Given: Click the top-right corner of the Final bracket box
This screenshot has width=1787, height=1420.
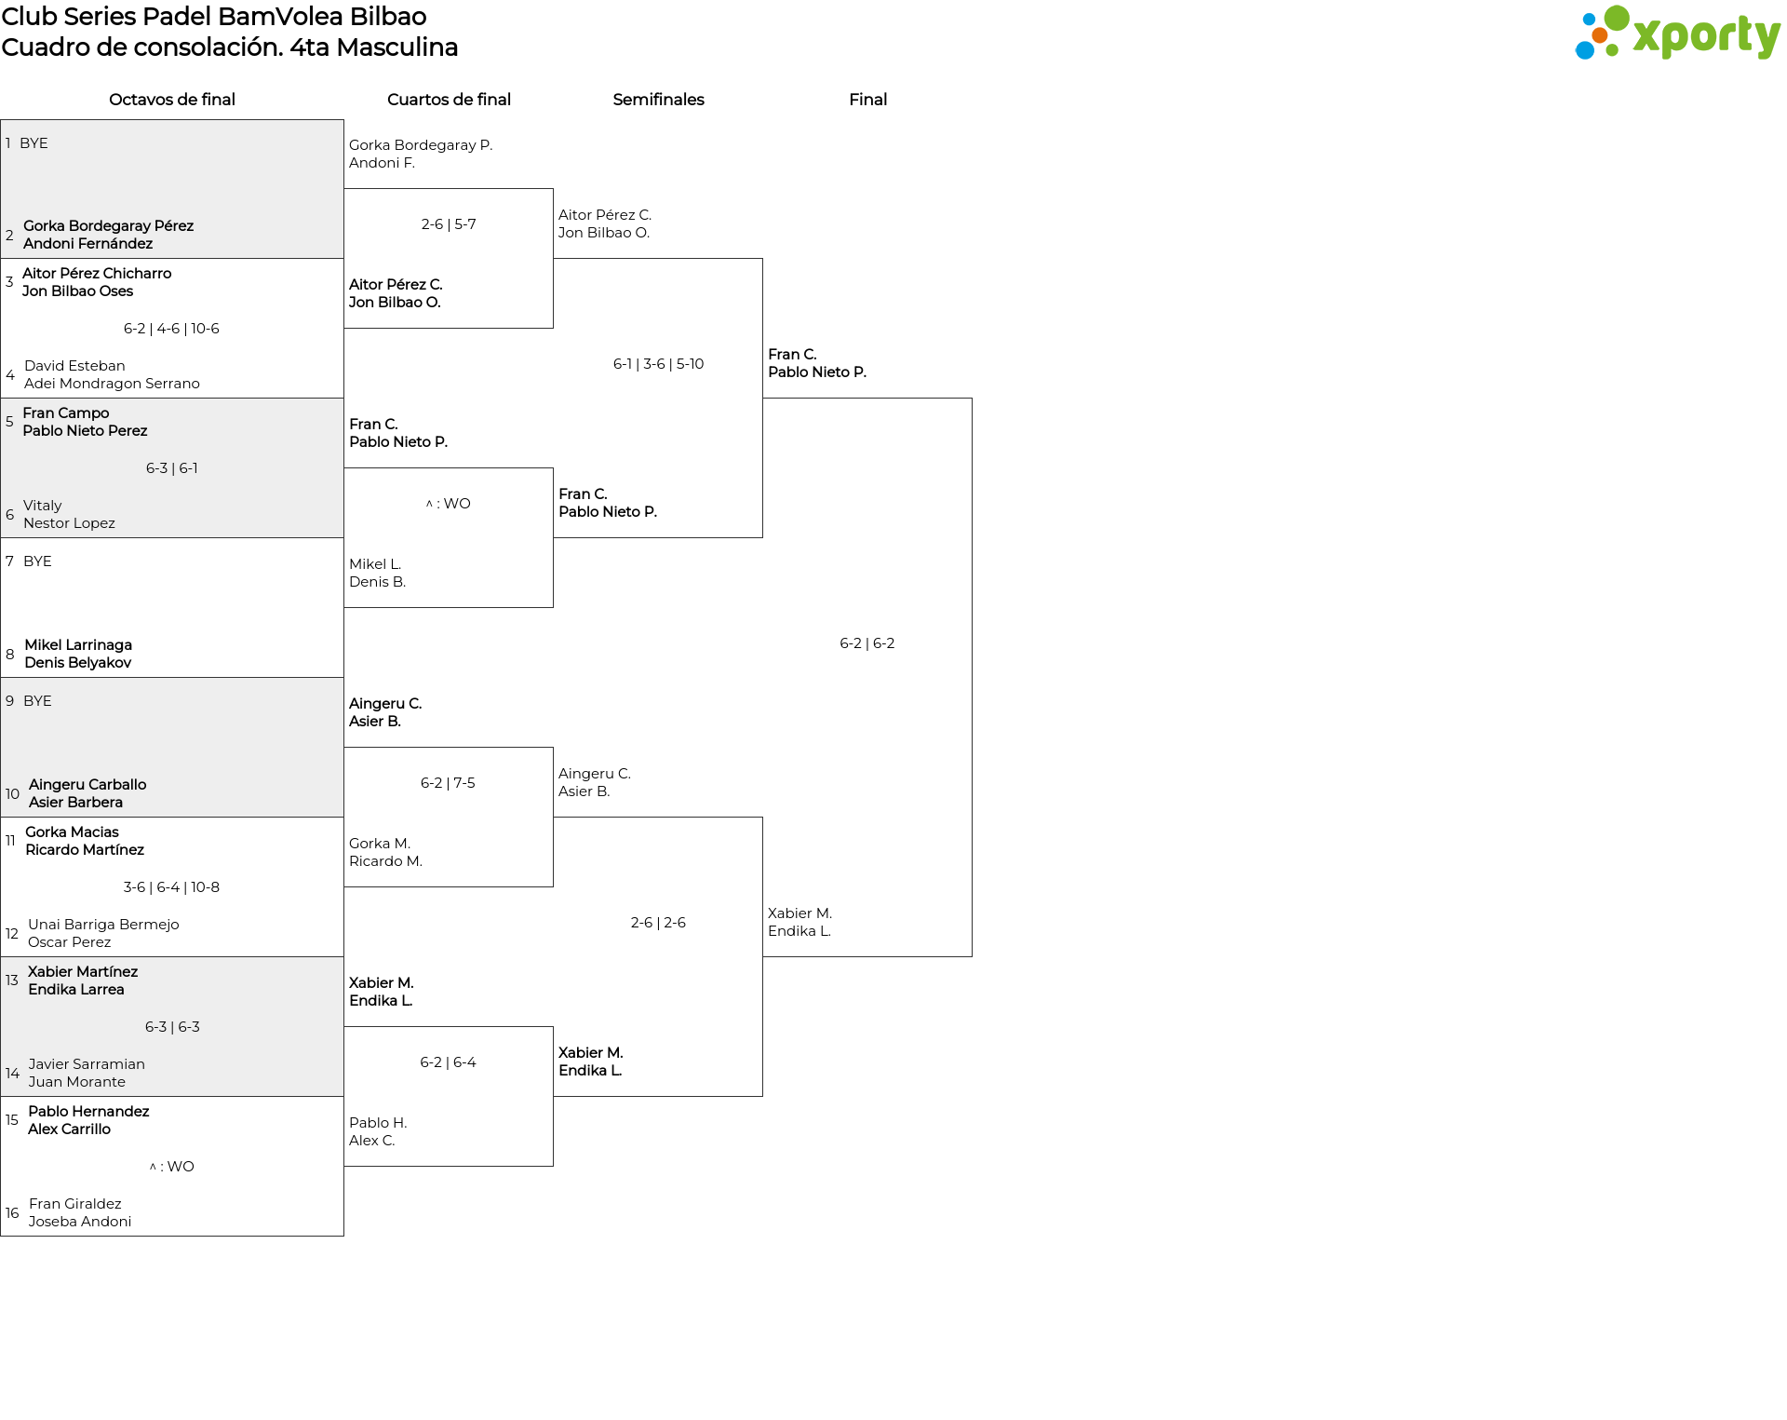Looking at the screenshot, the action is (x=972, y=399).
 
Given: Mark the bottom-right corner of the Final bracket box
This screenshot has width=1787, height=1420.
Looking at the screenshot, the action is (x=972, y=956).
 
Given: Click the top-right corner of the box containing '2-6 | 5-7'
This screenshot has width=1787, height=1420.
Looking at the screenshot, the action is (x=553, y=189).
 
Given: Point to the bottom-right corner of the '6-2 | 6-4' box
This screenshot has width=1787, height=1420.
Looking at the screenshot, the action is (x=553, y=1166).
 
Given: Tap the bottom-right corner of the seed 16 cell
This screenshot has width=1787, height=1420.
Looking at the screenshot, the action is (x=343, y=1236).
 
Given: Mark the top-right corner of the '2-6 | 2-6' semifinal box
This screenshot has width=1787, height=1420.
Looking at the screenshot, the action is (x=762, y=818).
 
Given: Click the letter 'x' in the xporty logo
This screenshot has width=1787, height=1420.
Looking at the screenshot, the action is (x=1648, y=36).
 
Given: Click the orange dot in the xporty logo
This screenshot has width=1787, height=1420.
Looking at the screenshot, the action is (x=1600, y=35).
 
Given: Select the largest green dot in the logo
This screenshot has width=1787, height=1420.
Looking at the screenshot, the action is (x=1617, y=19).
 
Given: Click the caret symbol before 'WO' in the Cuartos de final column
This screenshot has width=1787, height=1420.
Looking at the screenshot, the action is (x=429, y=505).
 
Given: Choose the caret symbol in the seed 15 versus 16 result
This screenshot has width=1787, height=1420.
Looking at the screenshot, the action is (x=153, y=1168).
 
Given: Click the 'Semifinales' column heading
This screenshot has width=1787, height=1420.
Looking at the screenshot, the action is (x=658, y=100).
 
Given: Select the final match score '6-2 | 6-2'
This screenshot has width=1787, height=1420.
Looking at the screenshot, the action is (x=867, y=643).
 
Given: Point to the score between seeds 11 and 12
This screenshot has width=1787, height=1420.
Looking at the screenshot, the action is (x=171, y=887).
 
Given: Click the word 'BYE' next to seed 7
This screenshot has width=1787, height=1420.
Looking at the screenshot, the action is (x=37, y=561).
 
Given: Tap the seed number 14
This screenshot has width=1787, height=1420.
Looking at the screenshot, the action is (x=12, y=1074).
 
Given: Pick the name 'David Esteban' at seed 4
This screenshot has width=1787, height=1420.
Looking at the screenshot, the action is (x=74, y=366).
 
